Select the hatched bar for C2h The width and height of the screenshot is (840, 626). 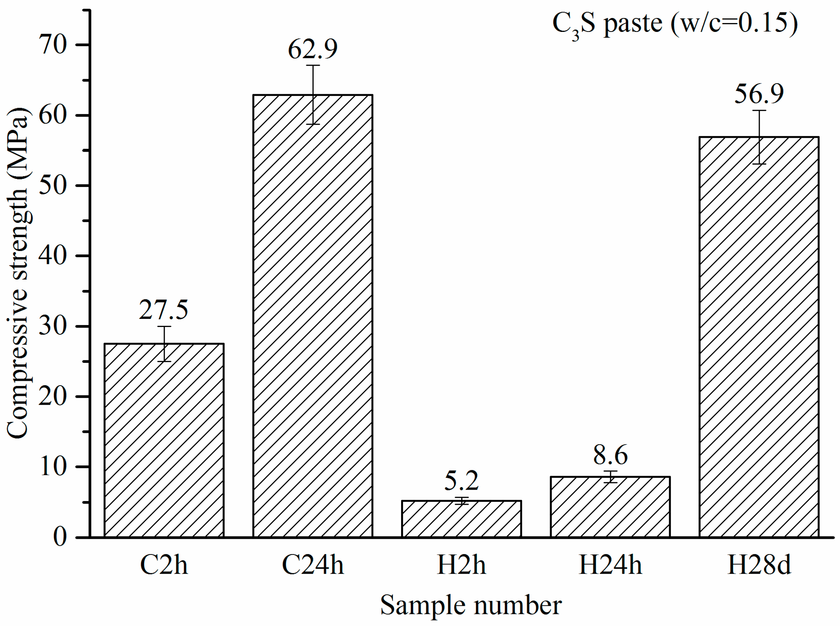[x=164, y=440]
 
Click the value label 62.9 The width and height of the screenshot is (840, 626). [x=313, y=49]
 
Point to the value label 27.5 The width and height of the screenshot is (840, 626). [x=164, y=310]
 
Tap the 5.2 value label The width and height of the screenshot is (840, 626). [x=461, y=481]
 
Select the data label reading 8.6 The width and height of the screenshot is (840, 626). [x=610, y=455]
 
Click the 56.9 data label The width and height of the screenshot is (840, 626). [x=759, y=94]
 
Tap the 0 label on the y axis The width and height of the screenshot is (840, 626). [x=60, y=537]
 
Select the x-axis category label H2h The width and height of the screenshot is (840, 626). [x=461, y=565]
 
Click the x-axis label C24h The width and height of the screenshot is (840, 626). [x=313, y=565]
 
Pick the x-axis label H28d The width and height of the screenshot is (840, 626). [x=759, y=565]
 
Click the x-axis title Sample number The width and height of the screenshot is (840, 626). [x=471, y=605]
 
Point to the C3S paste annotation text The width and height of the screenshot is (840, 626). [x=675, y=23]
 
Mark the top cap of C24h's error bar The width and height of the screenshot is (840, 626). [x=313, y=66]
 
